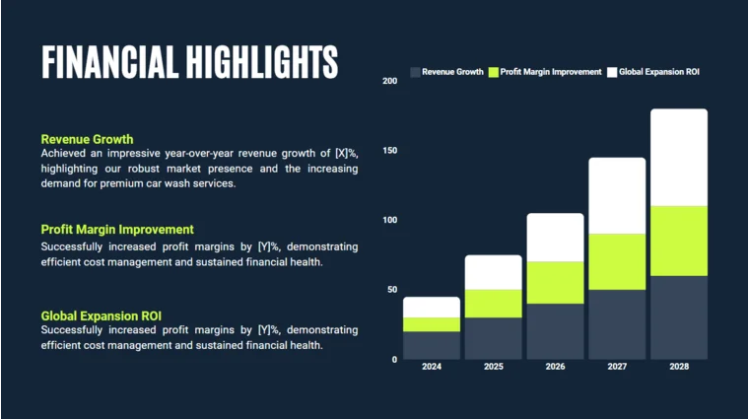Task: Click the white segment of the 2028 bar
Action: (679, 157)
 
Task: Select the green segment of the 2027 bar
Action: (617, 261)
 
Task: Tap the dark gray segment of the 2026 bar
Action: (555, 331)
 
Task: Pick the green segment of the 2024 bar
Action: (432, 324)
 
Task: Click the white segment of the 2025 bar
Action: (493, 272)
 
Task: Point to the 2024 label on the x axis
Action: (432, 367)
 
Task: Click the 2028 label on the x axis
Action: (679, 367)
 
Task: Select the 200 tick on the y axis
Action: (389, 80)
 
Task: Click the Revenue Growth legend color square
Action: (415, 73)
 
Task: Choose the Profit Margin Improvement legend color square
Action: (494, 73)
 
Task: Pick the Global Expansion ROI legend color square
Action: (612, 73)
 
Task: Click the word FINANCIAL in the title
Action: (109, 62)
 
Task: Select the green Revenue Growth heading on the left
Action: (87, 139)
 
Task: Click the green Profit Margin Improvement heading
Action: (117, 230)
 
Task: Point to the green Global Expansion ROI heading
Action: (102, 315)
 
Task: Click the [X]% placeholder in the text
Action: (346, 154)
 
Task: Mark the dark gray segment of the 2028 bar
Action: (679, 317)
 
